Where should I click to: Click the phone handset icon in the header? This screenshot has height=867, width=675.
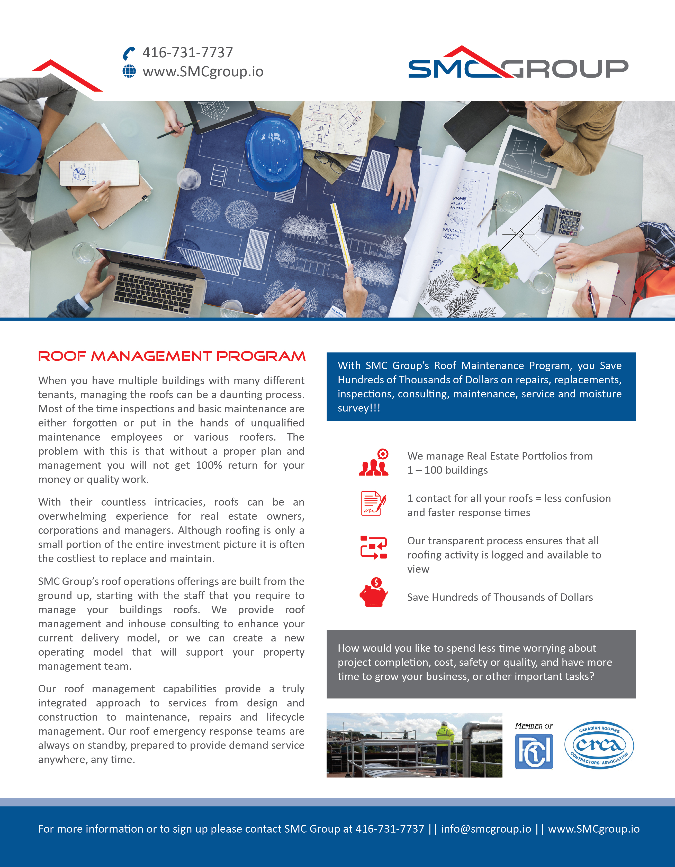point(129,53)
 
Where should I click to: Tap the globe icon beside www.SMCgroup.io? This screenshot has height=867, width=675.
point(129,71)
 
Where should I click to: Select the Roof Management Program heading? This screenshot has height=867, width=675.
point(172,356)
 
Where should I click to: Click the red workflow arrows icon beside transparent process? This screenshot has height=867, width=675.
point(373,548)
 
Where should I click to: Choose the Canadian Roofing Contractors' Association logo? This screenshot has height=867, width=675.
point(599,745)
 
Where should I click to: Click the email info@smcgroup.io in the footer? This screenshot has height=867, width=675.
point(486,829)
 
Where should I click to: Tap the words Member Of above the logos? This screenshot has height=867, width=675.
point(534,726)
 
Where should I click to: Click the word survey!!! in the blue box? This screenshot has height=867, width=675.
point(359,408)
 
